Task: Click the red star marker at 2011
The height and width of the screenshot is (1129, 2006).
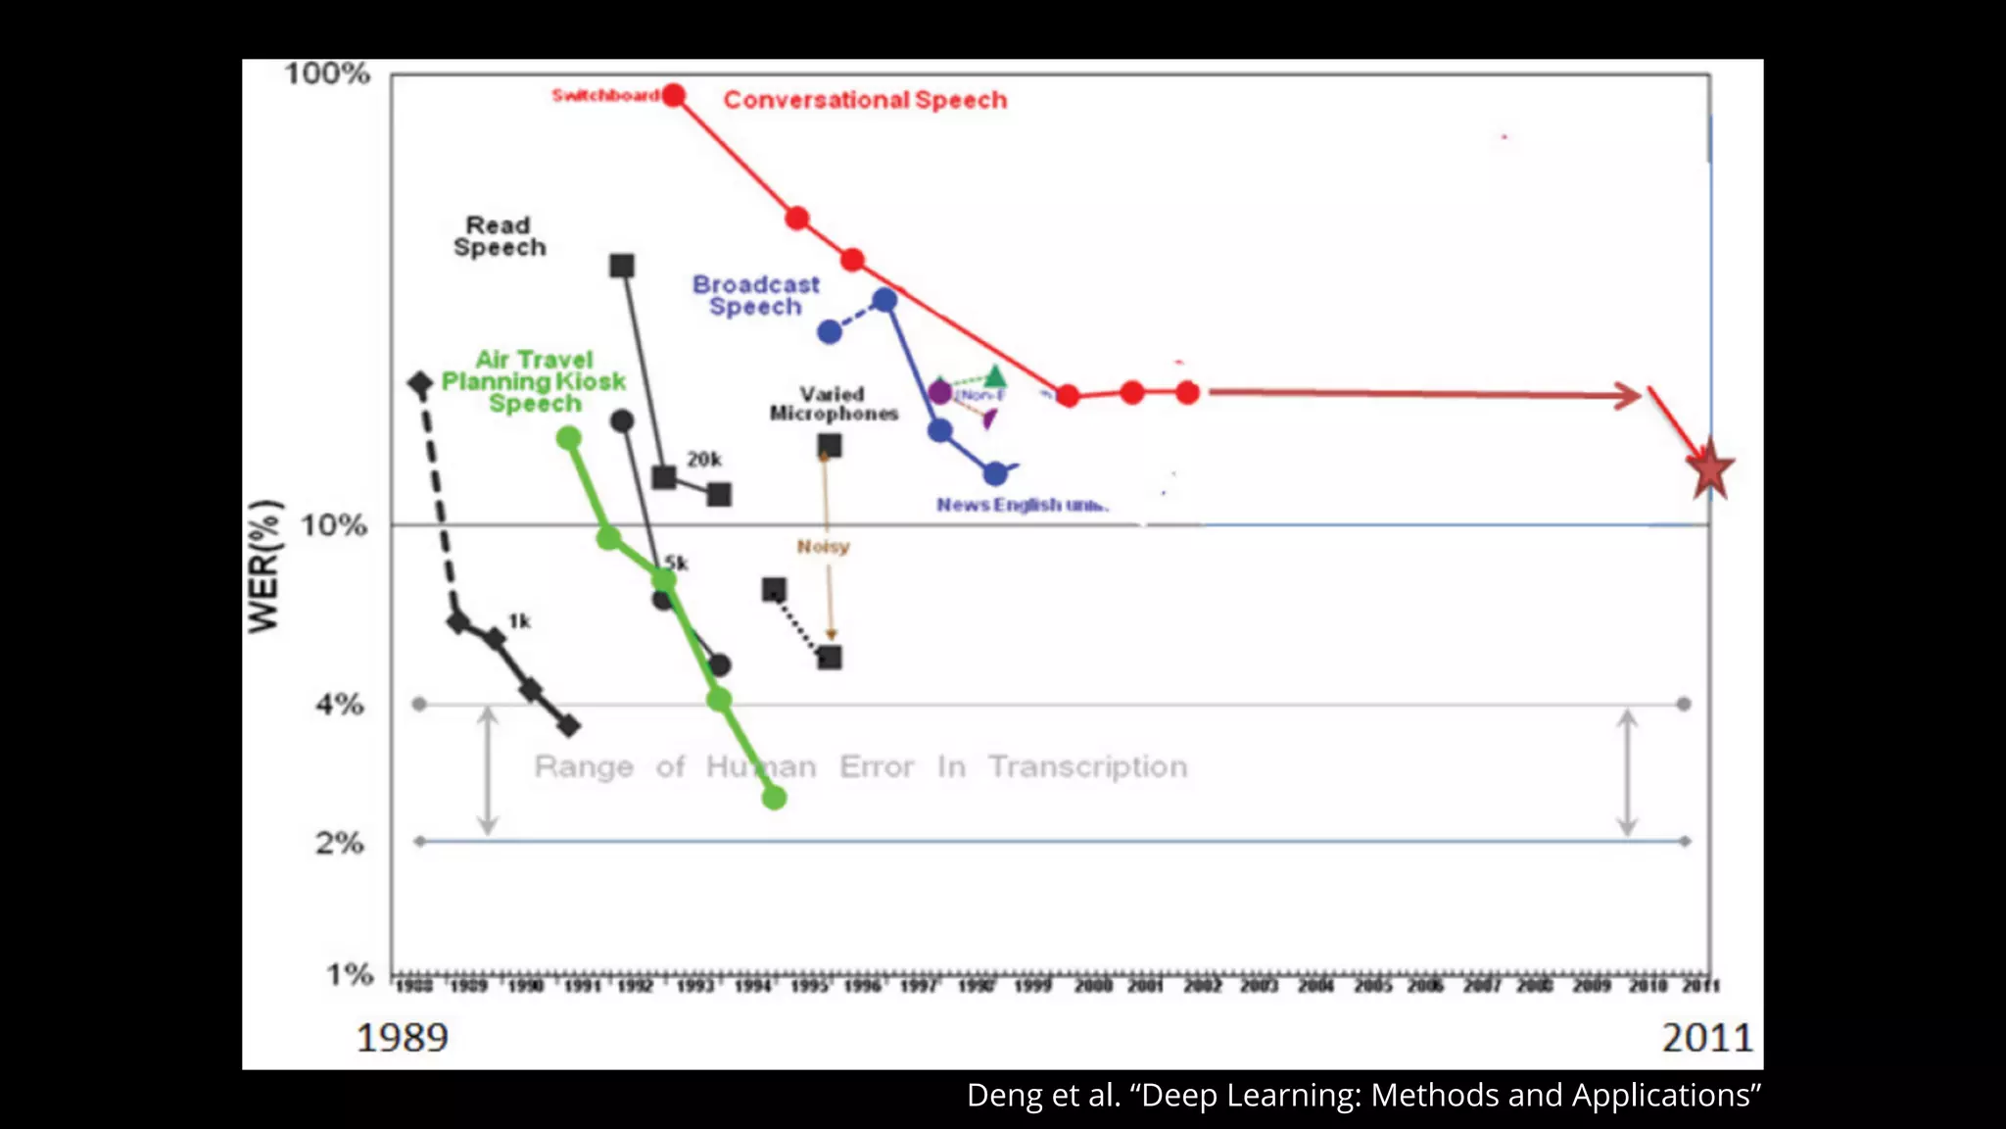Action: (x=1710, y=470)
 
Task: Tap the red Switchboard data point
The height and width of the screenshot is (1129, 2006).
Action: (x=673, y=95)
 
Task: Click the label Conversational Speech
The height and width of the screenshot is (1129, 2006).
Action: (x=865, y=100)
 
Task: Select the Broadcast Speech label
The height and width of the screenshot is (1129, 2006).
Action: (x=755, y=295)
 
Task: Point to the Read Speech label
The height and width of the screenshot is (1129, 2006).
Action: (x=499, y=236)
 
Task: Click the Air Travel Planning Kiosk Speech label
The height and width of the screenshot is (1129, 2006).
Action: (x=534, y=381)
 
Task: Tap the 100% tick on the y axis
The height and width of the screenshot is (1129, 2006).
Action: (x=327, y=74)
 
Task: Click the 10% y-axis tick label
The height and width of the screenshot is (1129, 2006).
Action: (x=334, y=525)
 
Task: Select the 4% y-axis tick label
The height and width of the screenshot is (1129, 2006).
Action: (x=339, y=704)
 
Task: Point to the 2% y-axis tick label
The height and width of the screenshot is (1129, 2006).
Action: (x=339, y=842)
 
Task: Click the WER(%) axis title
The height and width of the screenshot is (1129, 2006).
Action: (x=264, y=566)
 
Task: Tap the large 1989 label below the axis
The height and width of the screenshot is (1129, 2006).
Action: (x=402, y=1037)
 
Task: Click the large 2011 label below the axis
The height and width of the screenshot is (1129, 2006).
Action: (x=1706, y=1037)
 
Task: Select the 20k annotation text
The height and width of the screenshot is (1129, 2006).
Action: (x=703, y=459)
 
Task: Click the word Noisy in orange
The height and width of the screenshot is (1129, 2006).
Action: (x=823, y=546)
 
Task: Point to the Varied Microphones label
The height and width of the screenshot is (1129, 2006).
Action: (x=834, y=404)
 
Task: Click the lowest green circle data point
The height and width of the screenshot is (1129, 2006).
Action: (x=774, y=798)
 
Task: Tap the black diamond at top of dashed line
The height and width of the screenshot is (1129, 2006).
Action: (x=420, y=383)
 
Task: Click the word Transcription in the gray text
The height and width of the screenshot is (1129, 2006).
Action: (x=1087, y=766)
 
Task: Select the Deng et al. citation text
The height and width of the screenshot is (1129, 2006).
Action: (x=1363, y=1095)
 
